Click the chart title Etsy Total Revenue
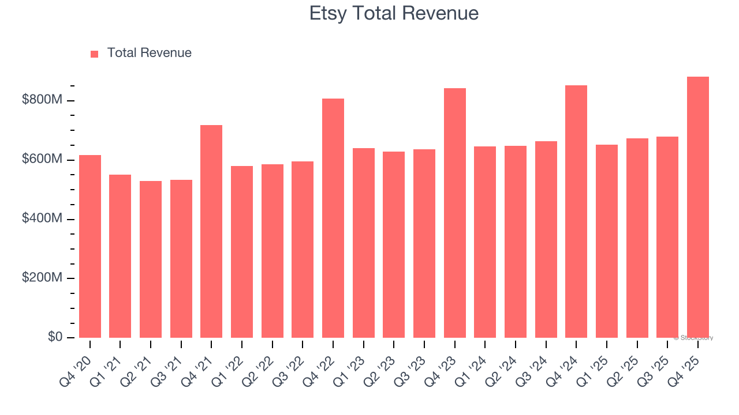tap(394, 13)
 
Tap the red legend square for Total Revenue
tap(95, 54)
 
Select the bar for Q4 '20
tap(90, 247)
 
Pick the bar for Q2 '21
tap(151, 259)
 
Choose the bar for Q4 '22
tap(333, 218)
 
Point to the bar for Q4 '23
tap(455, 213)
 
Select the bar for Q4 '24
tap(576, 212)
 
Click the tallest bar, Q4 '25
tap(698, 207)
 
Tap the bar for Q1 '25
tap(607, 242)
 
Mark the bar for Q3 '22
tap(303, 250)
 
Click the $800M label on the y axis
tap(42, 100)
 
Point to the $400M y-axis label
tap(42, 218)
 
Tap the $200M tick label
tap(42, 278)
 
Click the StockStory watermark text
tap(693, 338)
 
